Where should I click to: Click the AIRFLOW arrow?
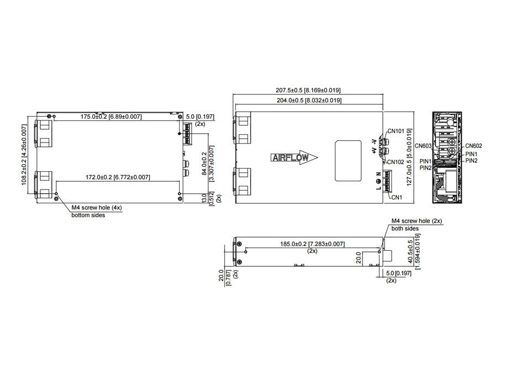[294, 157]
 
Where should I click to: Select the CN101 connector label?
[396, 131]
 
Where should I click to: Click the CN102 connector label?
[396, 162]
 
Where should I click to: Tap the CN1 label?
[397, 197]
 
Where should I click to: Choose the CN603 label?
[423, 146]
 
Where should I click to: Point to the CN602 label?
[474, 146]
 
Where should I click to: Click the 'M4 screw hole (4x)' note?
[97, 208]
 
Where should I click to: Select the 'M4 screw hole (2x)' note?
[417, 221]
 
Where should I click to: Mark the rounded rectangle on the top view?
[348, 161]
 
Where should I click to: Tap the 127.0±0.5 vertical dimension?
[409, 157]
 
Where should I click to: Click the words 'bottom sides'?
[88, 215]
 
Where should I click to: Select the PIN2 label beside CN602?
[472, 161]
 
